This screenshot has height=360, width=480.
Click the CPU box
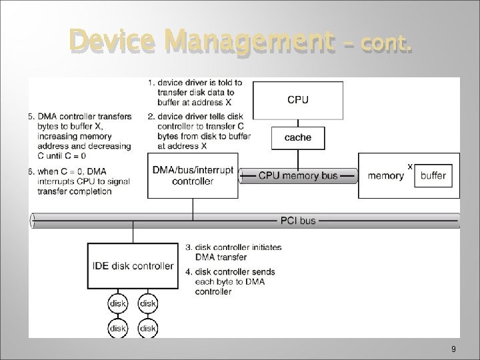pyautogui.click(x=298, y=100)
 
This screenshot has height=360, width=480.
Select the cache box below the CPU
pyautogui.click(x=298, y=137)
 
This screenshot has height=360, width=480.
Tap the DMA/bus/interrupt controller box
pyautogui.click(x=193, y=175)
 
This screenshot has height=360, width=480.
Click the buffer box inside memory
pyautogui.click(x=433, y=176)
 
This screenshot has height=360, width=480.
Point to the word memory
pyautogui.click(x=386, y=176)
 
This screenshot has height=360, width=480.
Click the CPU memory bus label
pyautogui.click(x=298, y=176)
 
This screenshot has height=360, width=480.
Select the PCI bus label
pyautogui.click(x=297, y=220)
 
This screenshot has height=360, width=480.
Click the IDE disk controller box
pyautogui.click(x=133, y=266)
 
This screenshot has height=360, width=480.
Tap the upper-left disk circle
pyautogui.click(x=118, y=303)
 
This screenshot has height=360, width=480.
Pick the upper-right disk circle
pyautogui.click(x=147, y=303)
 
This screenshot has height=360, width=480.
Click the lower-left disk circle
pyautogui.click(x=118, y=328)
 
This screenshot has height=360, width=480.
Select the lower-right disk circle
pyautogui.click(x=147, y=328)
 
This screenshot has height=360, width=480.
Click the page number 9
pyautogui.click(x=453, y=349)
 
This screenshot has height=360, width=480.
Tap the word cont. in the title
pyautogui.click(x=387, y=44)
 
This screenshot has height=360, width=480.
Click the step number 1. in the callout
pyautogui.click(x=151, y=83)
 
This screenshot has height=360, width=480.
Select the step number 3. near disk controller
pyautogui.click(x=189, y=247)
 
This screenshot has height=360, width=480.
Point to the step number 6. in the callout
pyautogui.click(x=31, y=171)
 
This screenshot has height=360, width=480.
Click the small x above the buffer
pyautogui.click(x=409, y=165)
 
